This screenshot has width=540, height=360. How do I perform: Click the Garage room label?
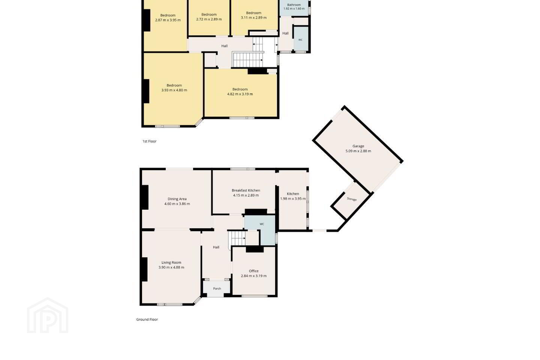click(358, 146)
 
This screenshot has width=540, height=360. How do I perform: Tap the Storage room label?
click(352, 199)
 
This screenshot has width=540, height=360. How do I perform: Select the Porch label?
click(217, 289)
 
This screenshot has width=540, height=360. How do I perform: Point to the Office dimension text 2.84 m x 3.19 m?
click(253, 276)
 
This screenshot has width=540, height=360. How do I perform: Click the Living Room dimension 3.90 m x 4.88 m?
click(171, 267)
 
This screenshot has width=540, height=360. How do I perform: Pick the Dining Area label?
click(177, 199)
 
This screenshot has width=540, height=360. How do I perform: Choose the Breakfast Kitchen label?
click(246, 190)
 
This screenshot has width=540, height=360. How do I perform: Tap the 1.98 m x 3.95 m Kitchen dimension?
click(293, 199)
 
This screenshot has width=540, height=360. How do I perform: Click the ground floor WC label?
click(262, 224)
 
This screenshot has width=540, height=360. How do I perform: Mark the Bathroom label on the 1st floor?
click(294, 5)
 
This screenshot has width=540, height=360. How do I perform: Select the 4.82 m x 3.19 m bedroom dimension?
click(240, 94)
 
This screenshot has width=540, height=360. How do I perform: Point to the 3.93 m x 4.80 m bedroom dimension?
click(174, 90)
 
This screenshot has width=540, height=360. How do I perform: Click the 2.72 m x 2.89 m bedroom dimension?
click(209, 19)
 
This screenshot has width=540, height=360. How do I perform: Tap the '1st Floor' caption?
click(150, 141)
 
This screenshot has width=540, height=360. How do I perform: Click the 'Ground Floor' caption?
click(147, 319)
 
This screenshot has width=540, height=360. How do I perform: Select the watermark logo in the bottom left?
click(48, 315)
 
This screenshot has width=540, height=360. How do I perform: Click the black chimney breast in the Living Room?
click(144, 269)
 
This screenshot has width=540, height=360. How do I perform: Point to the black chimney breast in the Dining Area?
click(145, 197)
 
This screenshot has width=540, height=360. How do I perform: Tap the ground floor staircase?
click(237, 238)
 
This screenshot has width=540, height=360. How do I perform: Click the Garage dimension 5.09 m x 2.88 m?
click(358, 151)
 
